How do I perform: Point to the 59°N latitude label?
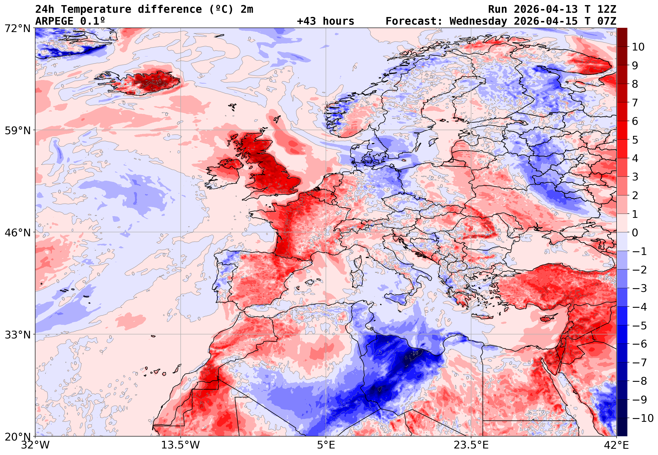(x=17, y=130)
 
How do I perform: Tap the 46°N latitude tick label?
(x=17, y=233)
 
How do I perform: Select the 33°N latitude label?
(x=17, y=334)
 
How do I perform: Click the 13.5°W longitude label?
(x=181, y=445)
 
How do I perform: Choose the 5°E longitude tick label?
(x=326, y=445)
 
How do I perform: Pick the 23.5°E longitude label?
(x=471, y=445)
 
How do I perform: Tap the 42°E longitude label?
(x=616, y=445)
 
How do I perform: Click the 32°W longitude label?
(x=35, y=445)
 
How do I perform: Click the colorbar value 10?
(x=638, y=47)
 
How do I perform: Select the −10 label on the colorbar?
(x=643, y=418)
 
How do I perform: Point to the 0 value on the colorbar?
(x=635, y=233)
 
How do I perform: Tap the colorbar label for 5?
(x=635, y=140)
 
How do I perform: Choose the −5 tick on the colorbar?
(x=640, y=326)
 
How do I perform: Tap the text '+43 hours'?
(x=325, y=21)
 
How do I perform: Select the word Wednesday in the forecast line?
(x=478, y=21)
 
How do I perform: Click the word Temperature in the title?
(x=96, y=9)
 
